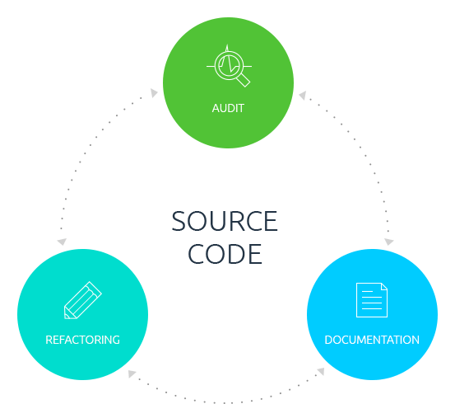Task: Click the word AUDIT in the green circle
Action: pyautogui.click(x=228, y=108)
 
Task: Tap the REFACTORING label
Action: pyautogui.click(x=83, y=340)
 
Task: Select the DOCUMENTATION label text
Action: pyautogui.click(x=372, y=340)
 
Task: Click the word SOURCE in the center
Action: pyautogui.click(x=225, y=221)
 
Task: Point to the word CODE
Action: pyautogui.click(x=225, y=254)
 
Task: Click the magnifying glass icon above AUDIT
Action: pyautogui.click(x=230, y=66)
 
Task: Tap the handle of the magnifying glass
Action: pyautogui.click(x=244, y=80)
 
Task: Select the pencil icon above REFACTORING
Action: pyautogui.click(x=83, y=300)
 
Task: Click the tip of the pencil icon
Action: pyautogui.click(x=66, y=317)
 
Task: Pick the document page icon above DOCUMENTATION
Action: pyautogui.click(x=372, y=300)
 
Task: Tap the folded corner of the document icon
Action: pyautogui.click(x=384, y=286)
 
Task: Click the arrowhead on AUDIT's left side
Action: pyautogui.click(x=154, y=93)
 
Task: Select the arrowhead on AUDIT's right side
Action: pyautogui.click(x=303, y=95)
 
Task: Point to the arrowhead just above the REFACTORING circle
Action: pyautogui.click(x=62, y=242)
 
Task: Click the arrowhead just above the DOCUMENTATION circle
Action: pyautogui.click(x=388, y=242)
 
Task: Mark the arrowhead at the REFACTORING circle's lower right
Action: pyautogui.click(x=132, y=373)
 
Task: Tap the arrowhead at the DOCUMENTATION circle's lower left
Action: pyautogui.click(x=321, y=371)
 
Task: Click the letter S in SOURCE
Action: pyautogui.click(x=179, y=221)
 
